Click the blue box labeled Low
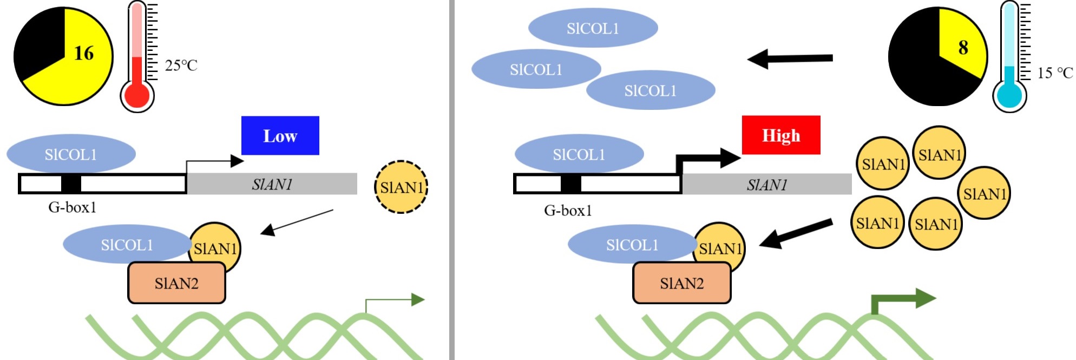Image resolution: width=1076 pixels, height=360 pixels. click(280, 135)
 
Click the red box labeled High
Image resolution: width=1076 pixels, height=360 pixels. click(780, 135)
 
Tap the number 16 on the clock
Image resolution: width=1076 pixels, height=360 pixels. click(84, 53)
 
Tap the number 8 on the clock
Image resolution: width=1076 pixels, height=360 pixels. click(963, 48)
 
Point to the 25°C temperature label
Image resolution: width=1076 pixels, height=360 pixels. click(181, 66)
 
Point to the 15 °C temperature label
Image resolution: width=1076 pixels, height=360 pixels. click(1054, 73)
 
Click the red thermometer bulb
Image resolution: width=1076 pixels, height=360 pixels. click(137, 96)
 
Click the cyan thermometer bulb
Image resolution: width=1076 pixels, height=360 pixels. click(1009, 96)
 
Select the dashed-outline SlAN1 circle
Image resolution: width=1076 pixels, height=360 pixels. click(401, 187)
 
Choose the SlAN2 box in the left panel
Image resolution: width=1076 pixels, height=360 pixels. click(176, 283)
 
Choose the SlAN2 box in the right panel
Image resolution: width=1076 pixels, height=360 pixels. click(681, 283)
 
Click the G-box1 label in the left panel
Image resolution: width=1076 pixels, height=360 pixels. click(72, 207)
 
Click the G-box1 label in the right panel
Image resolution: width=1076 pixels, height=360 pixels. click(568, 211)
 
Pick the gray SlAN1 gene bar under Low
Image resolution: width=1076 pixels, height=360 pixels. click(272, 184)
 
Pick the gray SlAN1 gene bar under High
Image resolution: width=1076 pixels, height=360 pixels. click(766, 184)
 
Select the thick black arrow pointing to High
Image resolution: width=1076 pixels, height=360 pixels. click(709, 159)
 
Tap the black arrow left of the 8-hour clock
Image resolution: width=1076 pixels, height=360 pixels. click(790, 58)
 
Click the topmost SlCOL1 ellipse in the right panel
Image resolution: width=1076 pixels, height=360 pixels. click(593, 28)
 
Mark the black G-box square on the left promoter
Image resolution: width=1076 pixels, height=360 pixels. click(71, 184)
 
